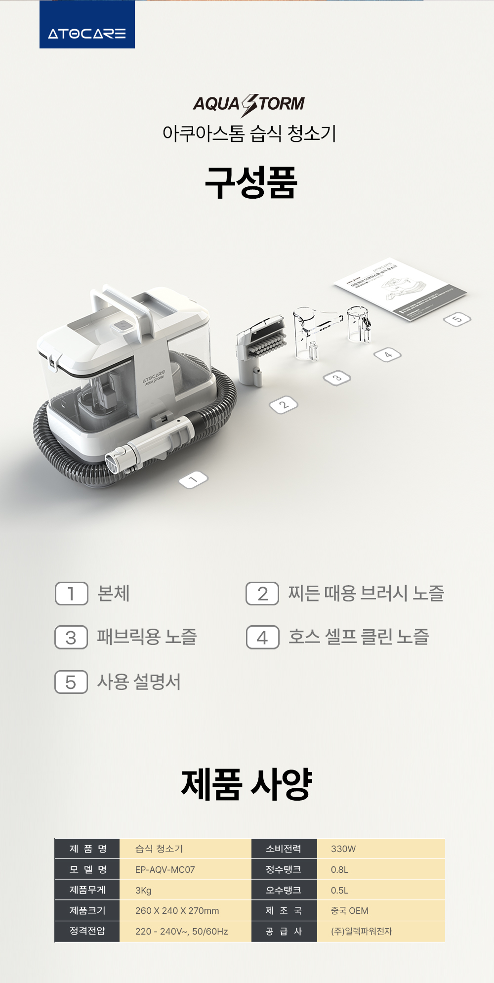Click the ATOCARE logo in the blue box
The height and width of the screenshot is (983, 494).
[x=87, y=33]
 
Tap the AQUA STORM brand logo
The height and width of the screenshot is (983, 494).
[x=248, y=104]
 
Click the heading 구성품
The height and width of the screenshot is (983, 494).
[x=251, y=183]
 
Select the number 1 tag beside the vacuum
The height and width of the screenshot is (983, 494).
[x=193, y=479]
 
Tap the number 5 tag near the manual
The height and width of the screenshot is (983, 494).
[x=457, y=319]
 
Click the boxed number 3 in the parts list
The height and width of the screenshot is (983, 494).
[x=71, y=638]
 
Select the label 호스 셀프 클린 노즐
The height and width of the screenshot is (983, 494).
[x=359, y=637]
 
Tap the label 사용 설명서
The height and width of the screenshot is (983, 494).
[x=139, y=682]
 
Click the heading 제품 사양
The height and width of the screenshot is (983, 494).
[x=247, y=784]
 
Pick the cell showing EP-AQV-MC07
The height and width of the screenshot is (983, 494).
[x=165, y=869]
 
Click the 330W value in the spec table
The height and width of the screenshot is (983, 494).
[x=343, y=849]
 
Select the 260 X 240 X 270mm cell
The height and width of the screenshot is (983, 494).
[x=177, y=910]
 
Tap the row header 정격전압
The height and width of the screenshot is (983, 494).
[x=87, y=931]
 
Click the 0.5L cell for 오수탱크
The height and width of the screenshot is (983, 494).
[x=339, y=890]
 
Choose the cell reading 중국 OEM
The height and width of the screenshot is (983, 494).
[x=349, y=910]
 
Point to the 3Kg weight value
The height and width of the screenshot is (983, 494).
[x=143, y=890]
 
